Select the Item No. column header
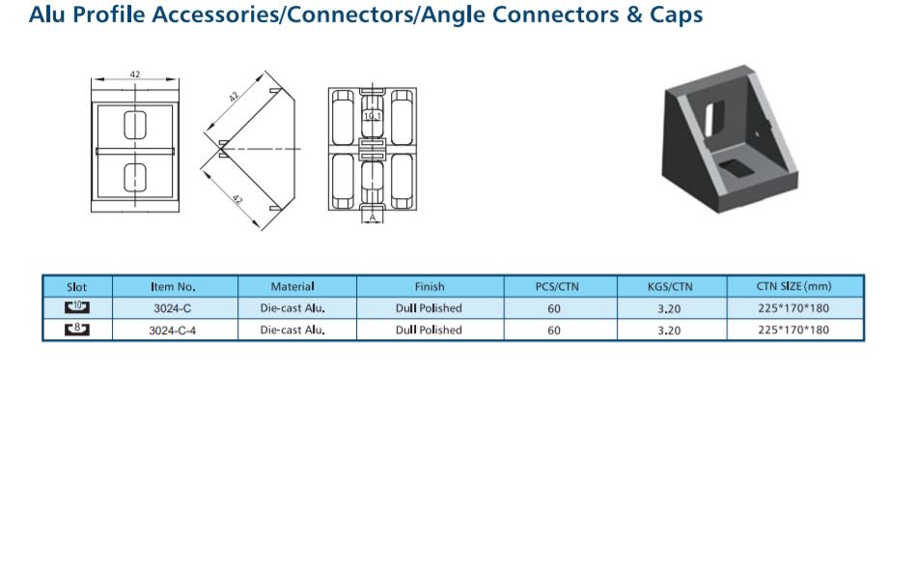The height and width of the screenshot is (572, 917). point(173,286)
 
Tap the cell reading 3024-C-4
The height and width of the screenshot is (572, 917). point(173,330)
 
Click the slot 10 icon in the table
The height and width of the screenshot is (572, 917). point(76,307)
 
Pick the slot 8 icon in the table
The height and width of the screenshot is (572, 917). point(76,329)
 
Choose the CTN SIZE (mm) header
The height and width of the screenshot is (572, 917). point(793,286)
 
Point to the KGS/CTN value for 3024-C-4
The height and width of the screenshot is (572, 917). point(669,330)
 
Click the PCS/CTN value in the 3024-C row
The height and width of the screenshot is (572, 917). point(554,308)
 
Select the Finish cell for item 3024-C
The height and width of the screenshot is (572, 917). point(429,308)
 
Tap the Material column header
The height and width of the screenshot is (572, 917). point(292,286)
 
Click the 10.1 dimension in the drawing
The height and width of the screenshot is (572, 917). point(373,116)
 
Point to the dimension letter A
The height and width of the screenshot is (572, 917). point(373,217)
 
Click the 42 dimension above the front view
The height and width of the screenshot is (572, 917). point(135,74)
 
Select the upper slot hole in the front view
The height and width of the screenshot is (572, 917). point(135,125)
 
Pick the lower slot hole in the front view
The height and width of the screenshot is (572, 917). point(135,178)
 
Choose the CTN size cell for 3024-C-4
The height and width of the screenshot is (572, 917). point(793,329)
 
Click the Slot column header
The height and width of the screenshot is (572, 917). point(76,287)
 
